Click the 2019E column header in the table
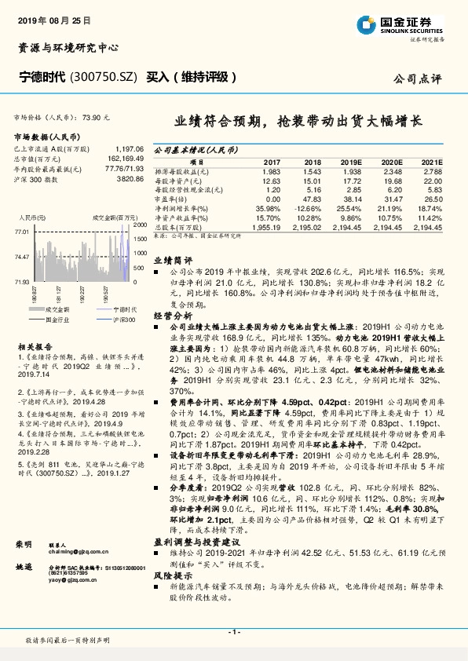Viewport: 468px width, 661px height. coord(351,161)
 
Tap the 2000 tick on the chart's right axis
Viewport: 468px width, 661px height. coord(138,226)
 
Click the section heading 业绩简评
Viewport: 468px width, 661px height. coord(173,259)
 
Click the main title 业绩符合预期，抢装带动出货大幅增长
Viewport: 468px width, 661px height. coord(298,122)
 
